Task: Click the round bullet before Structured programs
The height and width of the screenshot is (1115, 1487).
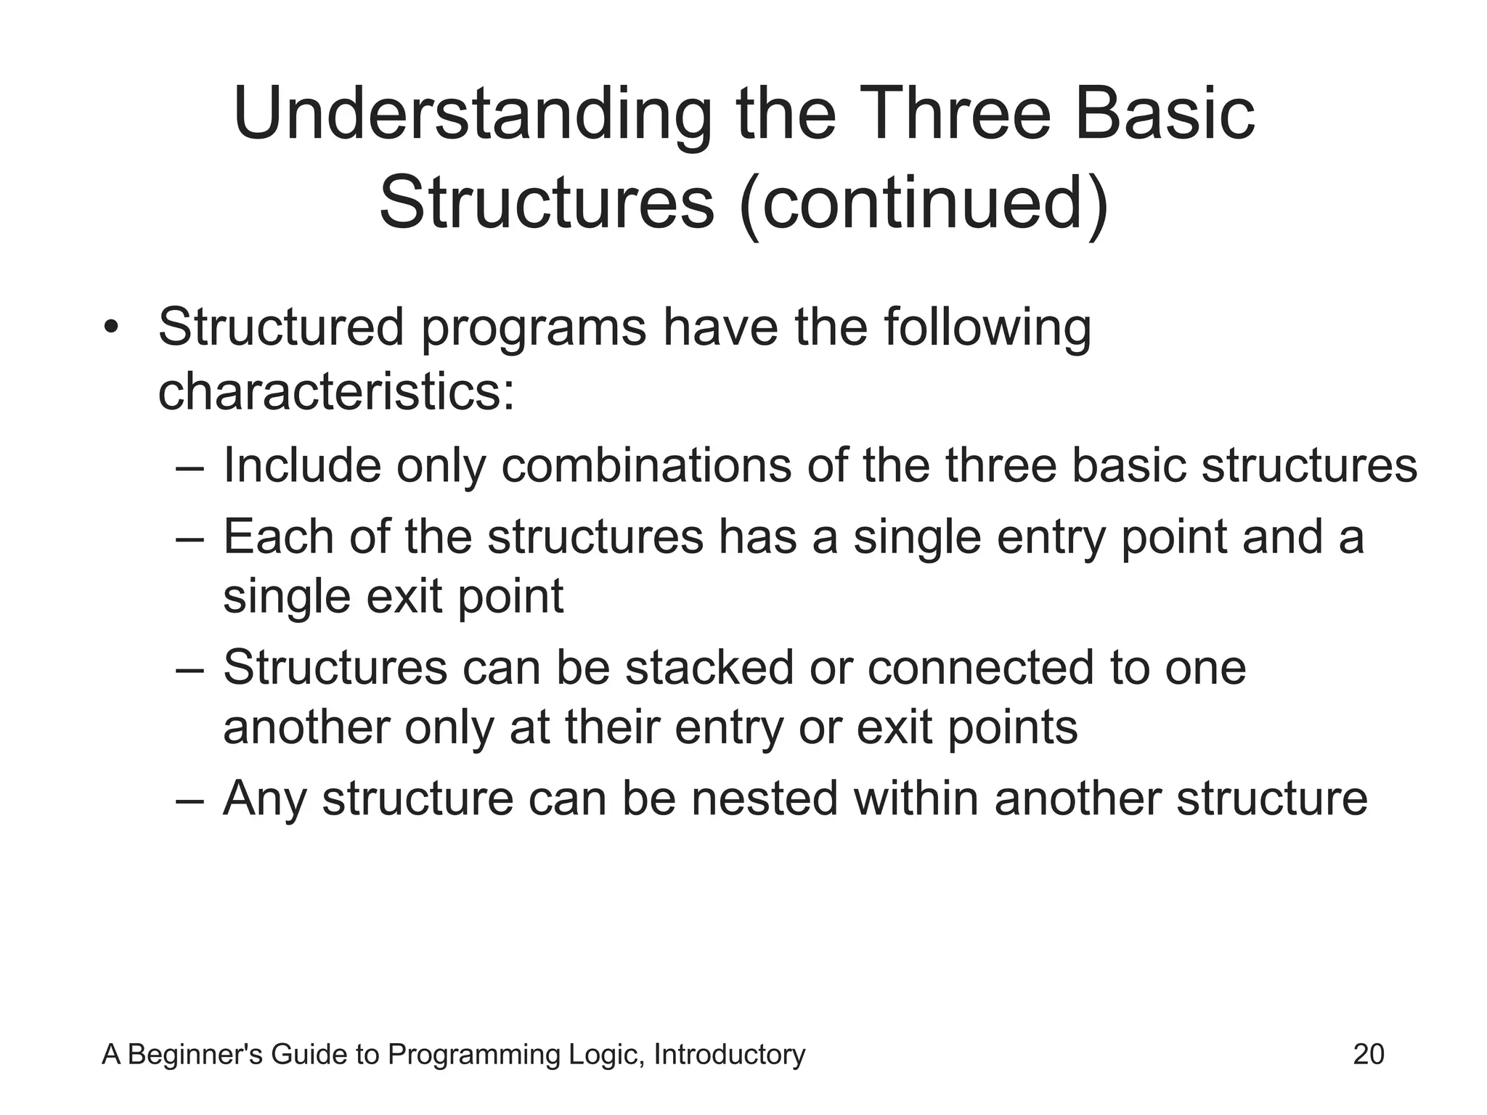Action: (x=110, y=327)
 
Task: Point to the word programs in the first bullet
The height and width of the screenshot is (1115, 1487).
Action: (x=534, y=329)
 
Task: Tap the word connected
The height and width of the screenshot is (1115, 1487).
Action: (x=980, y=667)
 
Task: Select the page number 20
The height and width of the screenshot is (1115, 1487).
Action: (x=1369, y=1055)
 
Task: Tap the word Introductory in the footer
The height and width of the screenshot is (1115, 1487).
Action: (x=729, y=1055)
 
